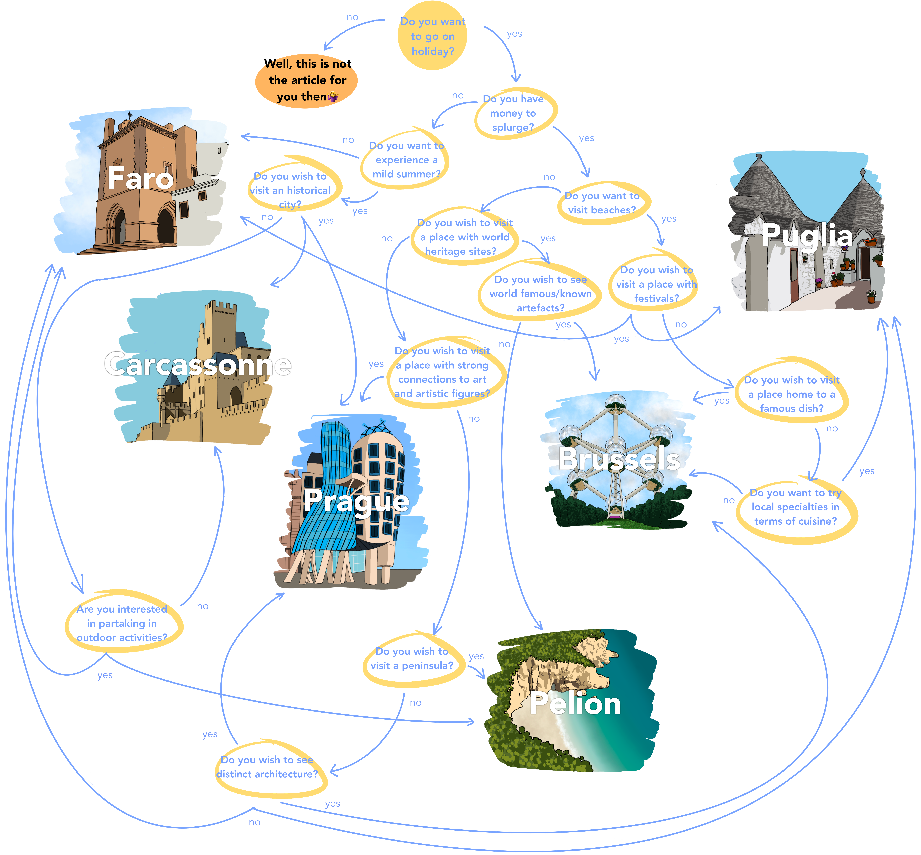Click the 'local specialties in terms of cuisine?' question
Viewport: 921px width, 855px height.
795,507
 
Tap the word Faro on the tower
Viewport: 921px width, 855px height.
140,178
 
